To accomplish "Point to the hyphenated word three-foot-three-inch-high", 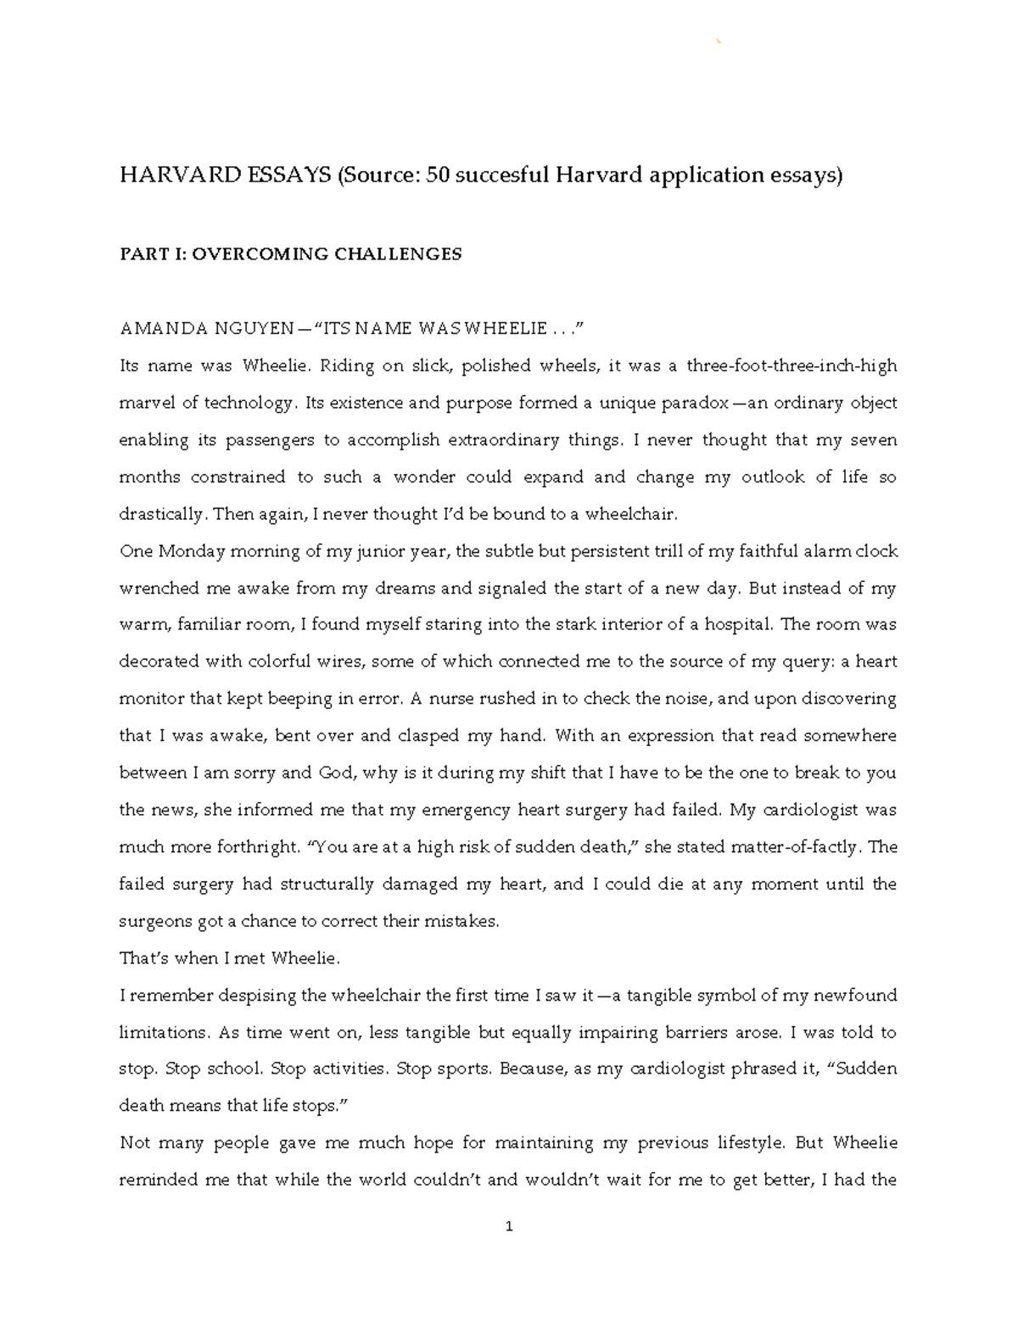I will [x=791, y=366].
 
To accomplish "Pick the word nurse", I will [x=452, y=699].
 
